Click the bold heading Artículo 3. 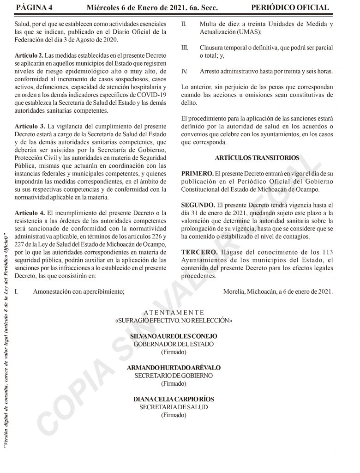[30, 126]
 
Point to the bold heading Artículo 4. [30, 212]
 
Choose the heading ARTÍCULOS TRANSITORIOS [257, 158]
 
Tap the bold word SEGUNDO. [198, 204]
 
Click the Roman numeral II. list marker [184, 24]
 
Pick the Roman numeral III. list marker [184, 48]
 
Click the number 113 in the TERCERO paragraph [325, 252]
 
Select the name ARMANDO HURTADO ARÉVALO [174, 368]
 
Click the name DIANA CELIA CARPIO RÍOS [174, 399]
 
